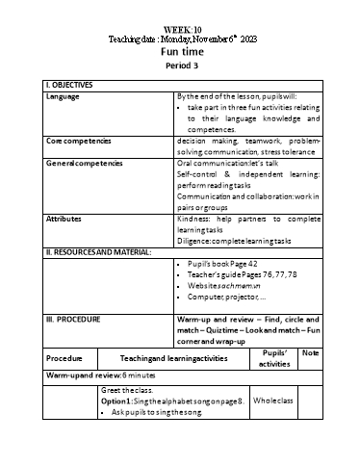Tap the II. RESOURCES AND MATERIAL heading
click(x=100, y=251)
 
